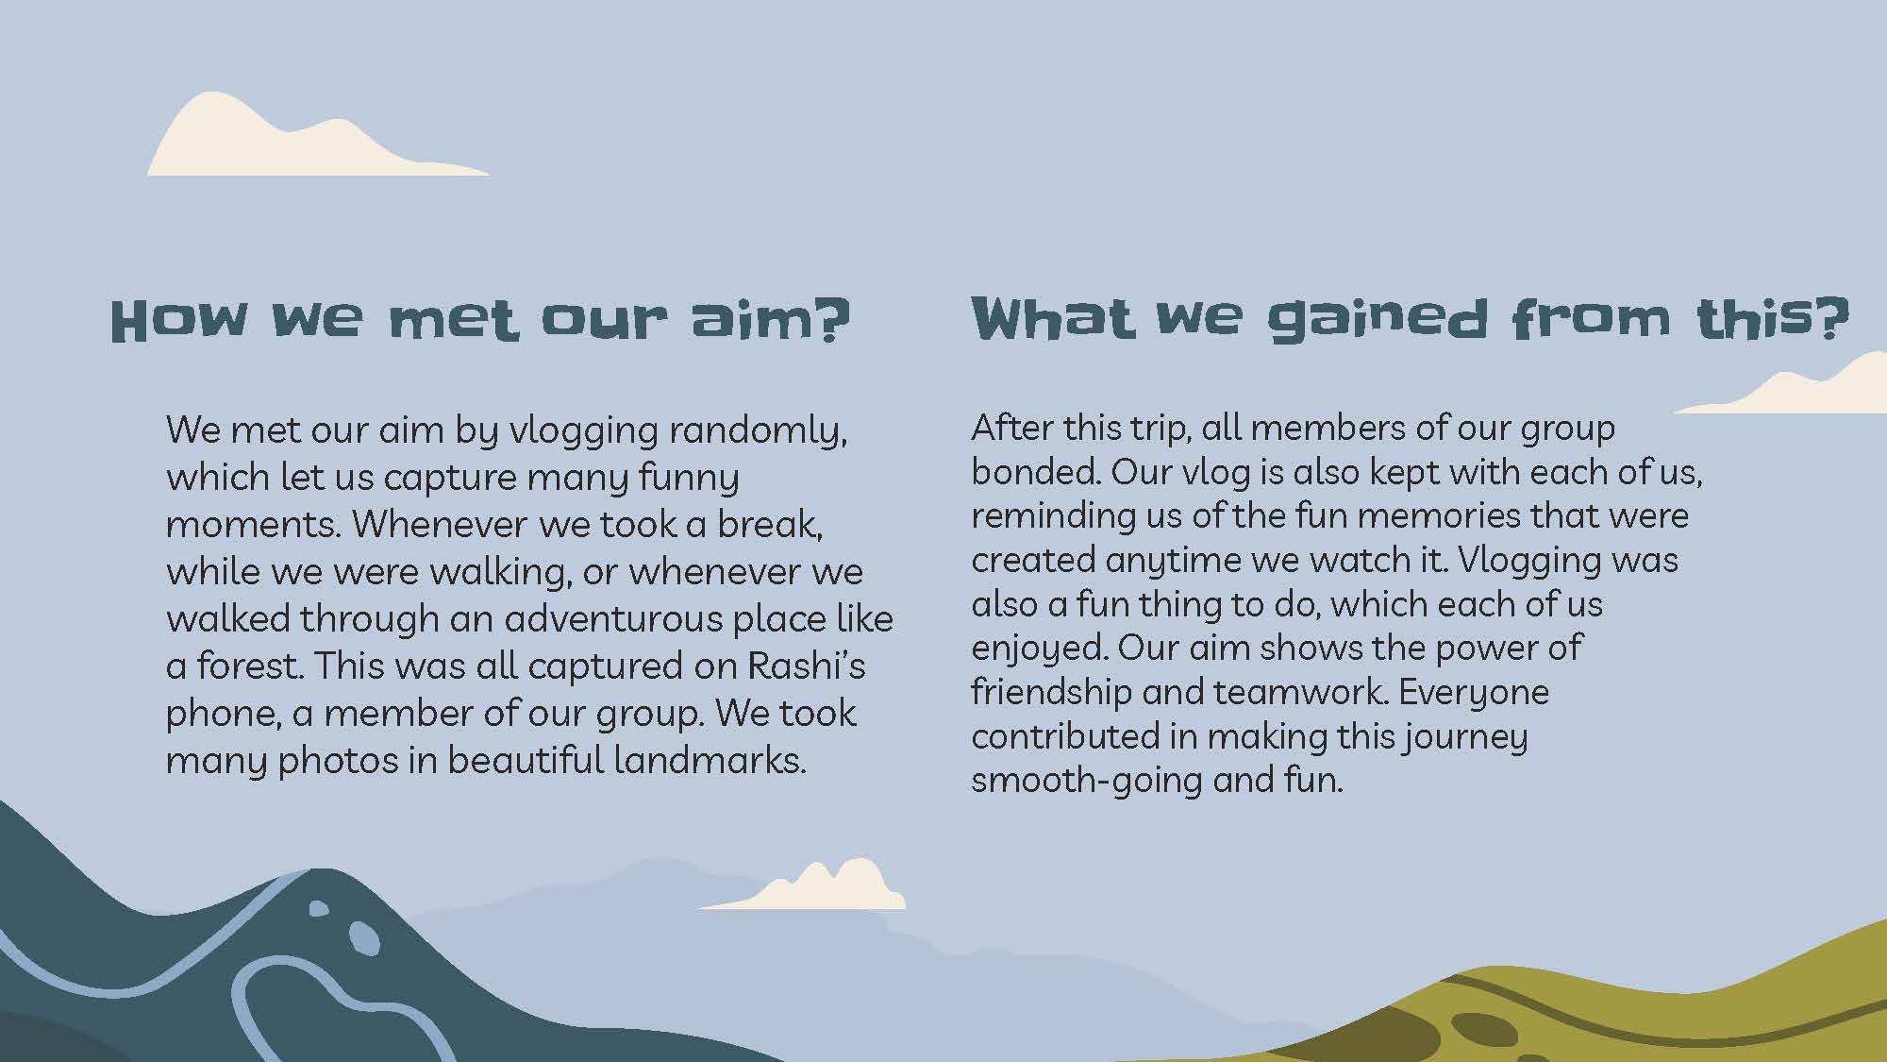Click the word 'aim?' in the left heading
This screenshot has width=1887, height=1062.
(771, 320)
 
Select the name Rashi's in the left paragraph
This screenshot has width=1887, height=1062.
(807, 666)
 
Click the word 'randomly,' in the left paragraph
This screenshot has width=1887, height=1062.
(758, 430)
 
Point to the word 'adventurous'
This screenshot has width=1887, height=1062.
(612, 619)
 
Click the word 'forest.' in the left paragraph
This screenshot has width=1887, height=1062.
(250, 666)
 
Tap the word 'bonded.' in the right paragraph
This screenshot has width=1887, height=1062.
(1035, 471)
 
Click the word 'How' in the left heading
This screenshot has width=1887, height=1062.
(179, 321)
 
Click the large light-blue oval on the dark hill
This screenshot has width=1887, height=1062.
(364, 938)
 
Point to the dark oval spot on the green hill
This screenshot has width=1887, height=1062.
(1483, 1029)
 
